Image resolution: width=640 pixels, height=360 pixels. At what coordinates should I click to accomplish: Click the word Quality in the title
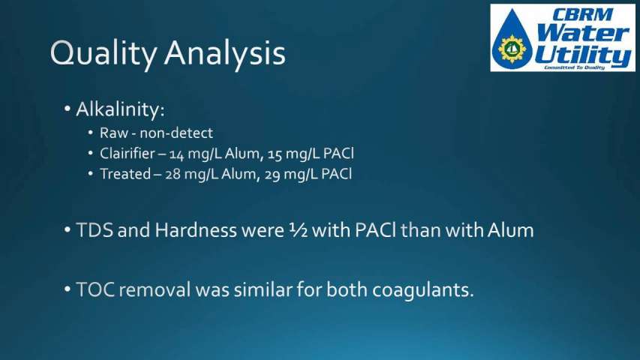click(104, 54)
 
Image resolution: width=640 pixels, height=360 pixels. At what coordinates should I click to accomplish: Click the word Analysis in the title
click(225, 54)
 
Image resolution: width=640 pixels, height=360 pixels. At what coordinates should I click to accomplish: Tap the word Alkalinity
click(120, 109)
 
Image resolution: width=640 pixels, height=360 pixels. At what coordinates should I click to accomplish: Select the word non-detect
click(176, 133)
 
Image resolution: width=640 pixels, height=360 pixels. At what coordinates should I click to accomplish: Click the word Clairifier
click(128, 154)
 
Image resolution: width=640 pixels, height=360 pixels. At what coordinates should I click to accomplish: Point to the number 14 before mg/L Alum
click(178, 154)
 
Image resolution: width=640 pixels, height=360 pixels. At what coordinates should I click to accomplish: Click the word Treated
click(125, 174)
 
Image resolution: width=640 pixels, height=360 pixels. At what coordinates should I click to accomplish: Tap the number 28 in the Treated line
click(173, 175)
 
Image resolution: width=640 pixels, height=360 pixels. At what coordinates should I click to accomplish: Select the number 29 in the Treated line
click(272, 175)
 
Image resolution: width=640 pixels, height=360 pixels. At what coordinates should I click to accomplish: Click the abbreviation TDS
click(95, 230)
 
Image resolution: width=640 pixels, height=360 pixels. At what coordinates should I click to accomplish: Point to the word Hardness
click(196, 230)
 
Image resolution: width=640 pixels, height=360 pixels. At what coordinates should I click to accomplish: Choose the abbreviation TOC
click(95, 290)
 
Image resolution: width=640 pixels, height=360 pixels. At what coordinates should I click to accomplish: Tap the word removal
click(155, 290)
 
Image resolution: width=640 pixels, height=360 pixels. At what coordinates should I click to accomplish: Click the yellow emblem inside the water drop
click(512, 49)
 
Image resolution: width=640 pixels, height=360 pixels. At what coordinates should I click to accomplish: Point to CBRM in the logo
click(582, 15)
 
